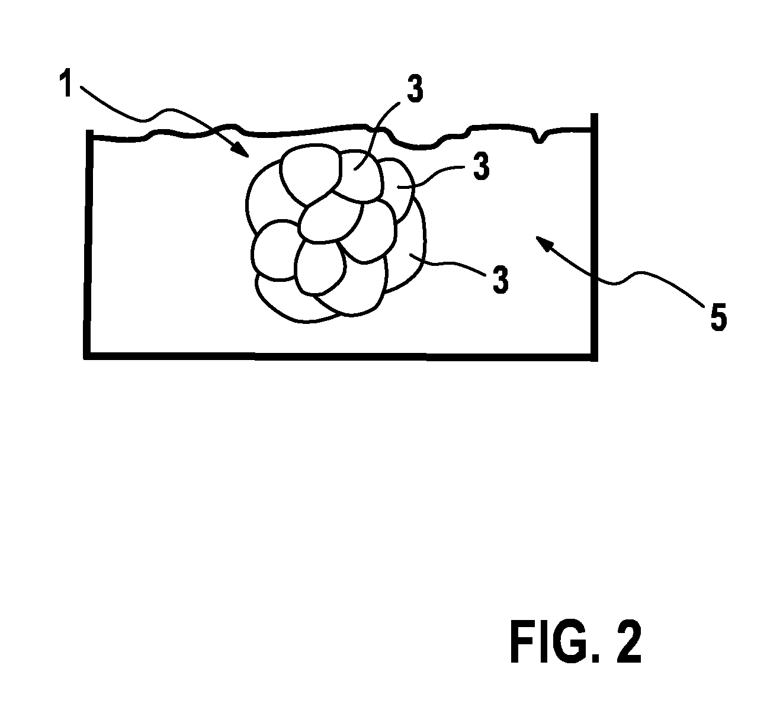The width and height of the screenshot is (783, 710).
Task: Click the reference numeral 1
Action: (67, 83)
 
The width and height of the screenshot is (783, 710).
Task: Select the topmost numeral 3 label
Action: (415, 89)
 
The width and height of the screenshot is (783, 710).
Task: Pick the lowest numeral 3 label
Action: (501, 280)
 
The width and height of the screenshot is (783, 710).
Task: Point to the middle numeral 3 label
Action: (482, 166)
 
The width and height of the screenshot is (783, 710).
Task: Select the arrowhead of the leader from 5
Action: (544, 242)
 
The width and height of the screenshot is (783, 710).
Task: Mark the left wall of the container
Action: (89, 244)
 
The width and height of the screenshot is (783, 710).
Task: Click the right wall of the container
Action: (594, 237)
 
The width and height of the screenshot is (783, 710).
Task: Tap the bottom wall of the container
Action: (341, 356)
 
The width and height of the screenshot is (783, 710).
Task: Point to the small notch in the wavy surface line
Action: (540, 137)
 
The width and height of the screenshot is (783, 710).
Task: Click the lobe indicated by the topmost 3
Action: (359, 176)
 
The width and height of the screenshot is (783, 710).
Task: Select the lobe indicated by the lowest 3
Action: (406, 250)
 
